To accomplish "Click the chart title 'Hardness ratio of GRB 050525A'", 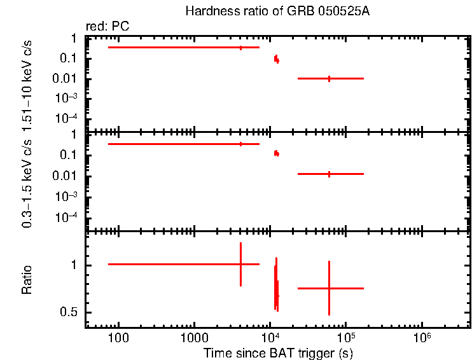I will (x=277, y=11).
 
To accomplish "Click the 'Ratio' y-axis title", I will (x=27, y=280).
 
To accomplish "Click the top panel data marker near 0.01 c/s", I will (x=329, y=78).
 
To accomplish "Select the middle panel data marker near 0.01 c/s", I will (x=329, y=174).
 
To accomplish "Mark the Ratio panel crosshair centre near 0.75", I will (x=329, y=288).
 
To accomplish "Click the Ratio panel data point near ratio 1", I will (x=240, y=264).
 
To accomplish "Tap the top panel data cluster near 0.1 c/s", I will (x=276, y=59).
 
